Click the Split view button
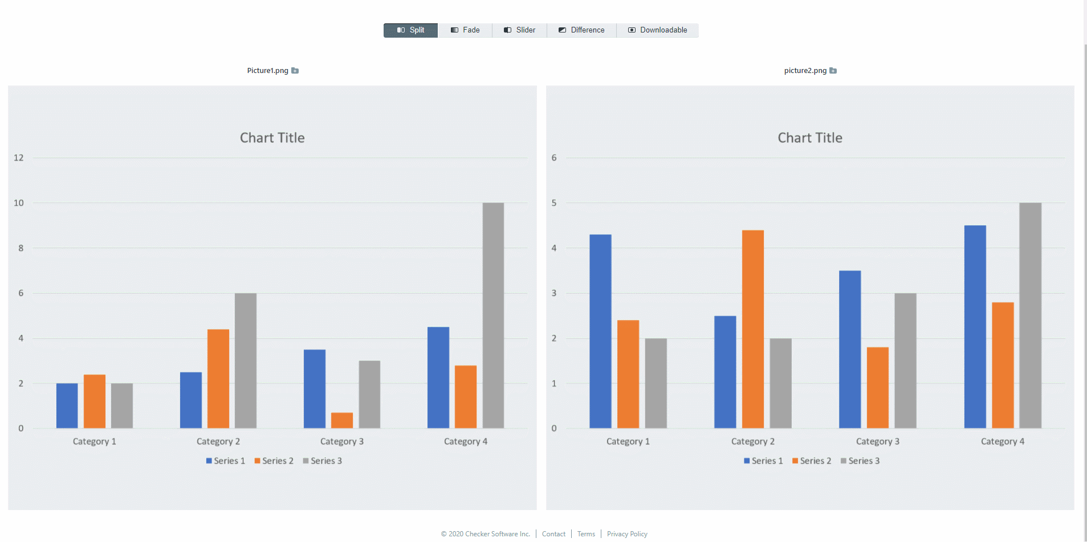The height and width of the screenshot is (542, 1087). coord(411,30)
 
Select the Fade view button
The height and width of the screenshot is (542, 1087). coord(465,30)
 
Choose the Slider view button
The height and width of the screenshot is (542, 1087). coord(519,30)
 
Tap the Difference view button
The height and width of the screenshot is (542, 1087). coord(581,30)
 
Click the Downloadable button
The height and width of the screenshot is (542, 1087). coord(658,30)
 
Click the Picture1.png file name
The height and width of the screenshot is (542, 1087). coord(267,71)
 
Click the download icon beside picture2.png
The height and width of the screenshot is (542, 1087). coord(833,71)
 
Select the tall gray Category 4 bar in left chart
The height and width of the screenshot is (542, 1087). coord(493,316)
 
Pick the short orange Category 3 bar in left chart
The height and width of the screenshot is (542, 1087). coord(342,420)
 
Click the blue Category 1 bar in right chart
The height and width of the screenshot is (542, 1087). coord(600,331)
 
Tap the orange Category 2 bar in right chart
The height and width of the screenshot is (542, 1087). coord(753,329)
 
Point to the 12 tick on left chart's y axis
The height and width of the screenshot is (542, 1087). coord(19,158)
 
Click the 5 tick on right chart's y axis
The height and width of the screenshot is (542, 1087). coord(554,203)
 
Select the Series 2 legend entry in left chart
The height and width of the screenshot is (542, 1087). coord(274,461)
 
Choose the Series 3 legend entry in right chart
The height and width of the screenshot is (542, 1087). coord(860,461)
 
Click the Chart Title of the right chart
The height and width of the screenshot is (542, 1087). coord(810,138)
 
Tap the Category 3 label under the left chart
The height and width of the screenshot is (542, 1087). coord(342,442)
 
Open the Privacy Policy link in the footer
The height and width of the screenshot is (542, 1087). coord(627,534)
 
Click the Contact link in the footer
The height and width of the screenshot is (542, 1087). coord(553,534)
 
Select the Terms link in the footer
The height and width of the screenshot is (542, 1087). coord(586,534)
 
